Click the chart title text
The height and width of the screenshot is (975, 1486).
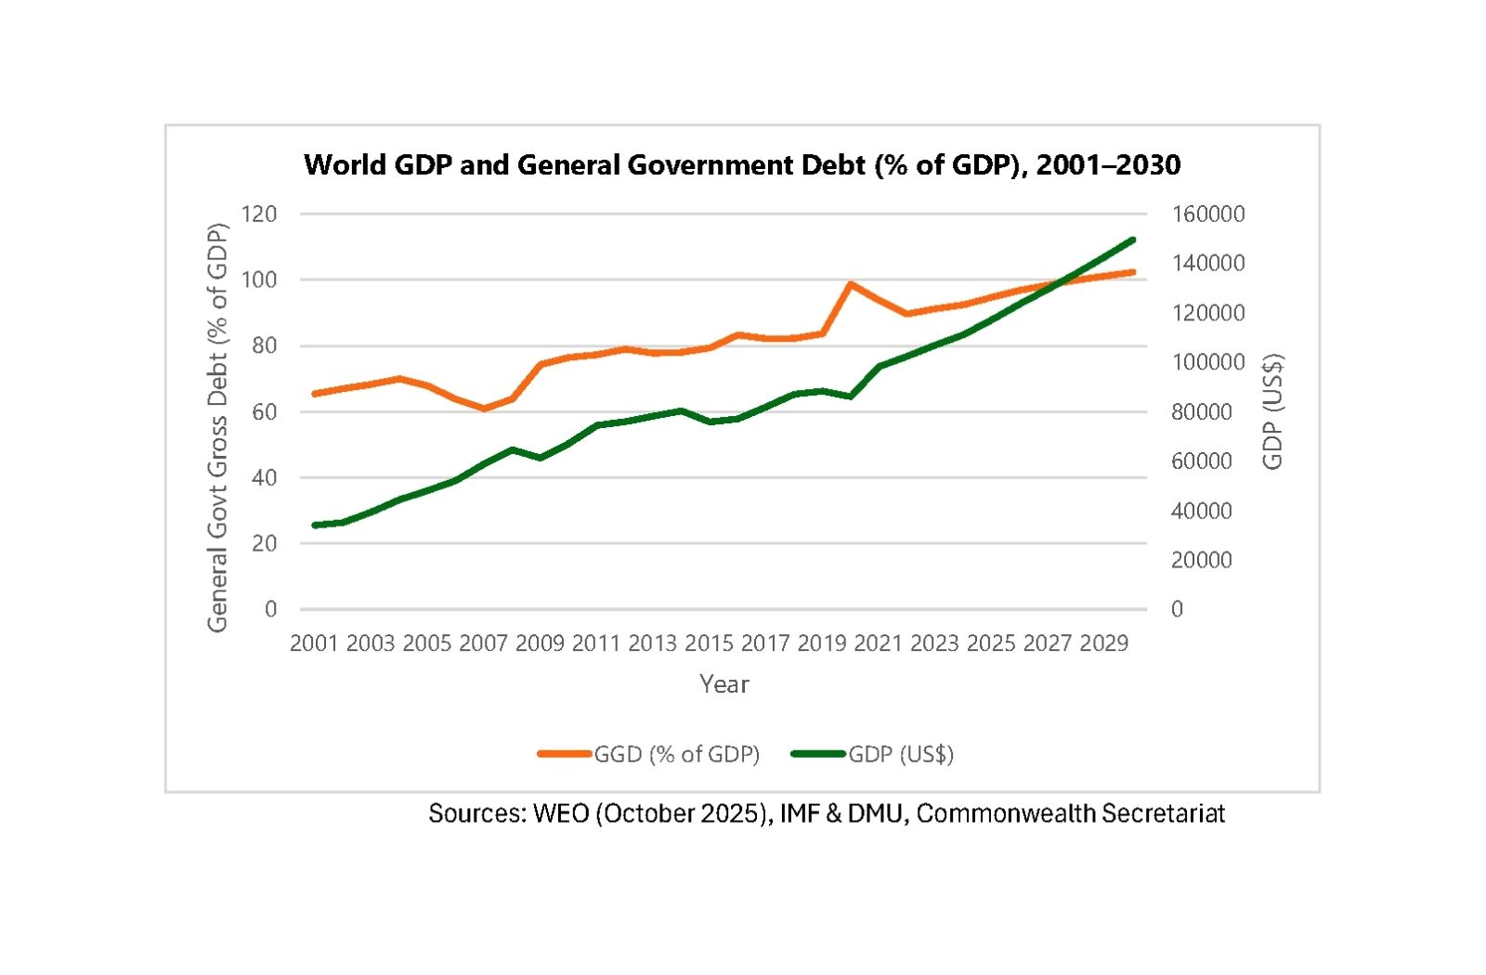pos(742,165)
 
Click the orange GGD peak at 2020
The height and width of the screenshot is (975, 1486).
pos(851,284)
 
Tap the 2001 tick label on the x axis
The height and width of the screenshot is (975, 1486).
pos(314,643)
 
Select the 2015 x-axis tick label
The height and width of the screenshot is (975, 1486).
pos(709,643)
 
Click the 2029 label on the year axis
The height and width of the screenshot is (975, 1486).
pos(1103,643)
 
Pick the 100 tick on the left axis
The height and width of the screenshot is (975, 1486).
pos(259,279)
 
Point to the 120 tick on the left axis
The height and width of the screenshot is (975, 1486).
pos(259,214)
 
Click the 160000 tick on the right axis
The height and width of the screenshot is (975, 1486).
pos(1207,214)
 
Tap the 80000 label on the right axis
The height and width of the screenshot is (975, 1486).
pos(1202,411)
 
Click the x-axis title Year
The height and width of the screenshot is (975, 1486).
pos(723,684)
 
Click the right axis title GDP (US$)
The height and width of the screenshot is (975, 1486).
pos(1272,411)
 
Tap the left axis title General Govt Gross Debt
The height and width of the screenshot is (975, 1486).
pos(217,427)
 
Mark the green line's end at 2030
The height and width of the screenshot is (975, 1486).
pos(1133,240)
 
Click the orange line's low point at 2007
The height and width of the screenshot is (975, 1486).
pos(484,409)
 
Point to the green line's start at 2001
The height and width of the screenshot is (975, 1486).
pos(315,526)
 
